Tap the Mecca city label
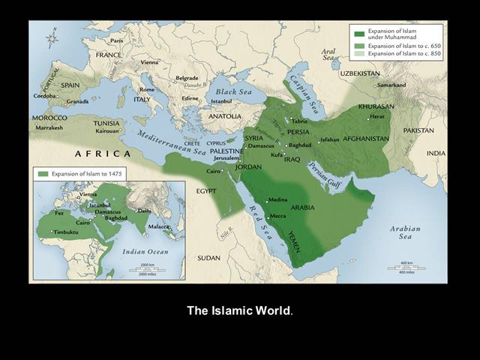[x=278, y=216]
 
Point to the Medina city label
[x=277, y=199]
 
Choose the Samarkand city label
[x=391, y=85]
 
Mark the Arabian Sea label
[x=405, y=232]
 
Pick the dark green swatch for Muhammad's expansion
[x=360, y=34]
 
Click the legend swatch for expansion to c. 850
[x=360, y=54]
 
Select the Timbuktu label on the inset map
[x=66, y=232]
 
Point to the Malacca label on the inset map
[x=158, y=226]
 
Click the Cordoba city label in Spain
[x=46, y=96]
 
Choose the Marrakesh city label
[x=49, y=127]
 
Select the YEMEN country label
[x=297, y=241]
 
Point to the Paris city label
[x=116, y=41]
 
